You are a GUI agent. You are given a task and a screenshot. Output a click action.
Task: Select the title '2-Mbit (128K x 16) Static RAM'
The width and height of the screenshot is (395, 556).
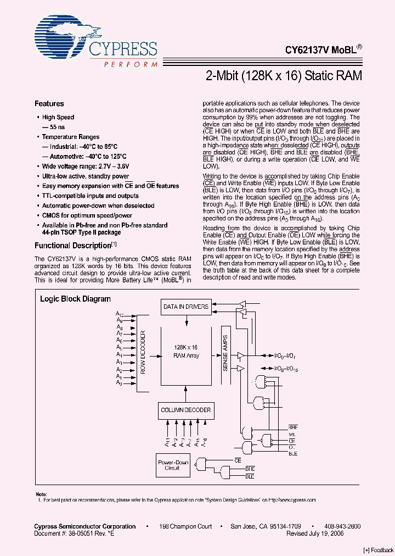(x=283, y=76)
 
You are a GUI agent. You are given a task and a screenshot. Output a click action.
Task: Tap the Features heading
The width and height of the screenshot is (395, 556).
(x=49, y=103)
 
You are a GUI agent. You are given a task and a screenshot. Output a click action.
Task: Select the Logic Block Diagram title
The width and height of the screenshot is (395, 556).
(x=75, y=299)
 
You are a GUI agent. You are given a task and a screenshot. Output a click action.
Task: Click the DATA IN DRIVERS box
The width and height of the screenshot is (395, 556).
(x=185, y=307)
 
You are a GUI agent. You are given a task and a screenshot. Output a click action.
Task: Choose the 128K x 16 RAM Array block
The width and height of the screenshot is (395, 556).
(x=186, y=352)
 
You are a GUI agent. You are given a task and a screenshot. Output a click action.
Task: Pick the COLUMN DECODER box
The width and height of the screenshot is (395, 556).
(x=185, y=410)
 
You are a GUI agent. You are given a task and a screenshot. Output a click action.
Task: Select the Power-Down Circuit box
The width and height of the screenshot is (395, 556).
(x=173, y=465)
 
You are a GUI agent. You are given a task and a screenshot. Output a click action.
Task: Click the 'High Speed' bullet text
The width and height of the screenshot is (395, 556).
(x=58, y=117)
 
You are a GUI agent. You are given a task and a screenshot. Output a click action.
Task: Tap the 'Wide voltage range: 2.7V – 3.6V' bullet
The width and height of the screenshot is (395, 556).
(x=87, y=166)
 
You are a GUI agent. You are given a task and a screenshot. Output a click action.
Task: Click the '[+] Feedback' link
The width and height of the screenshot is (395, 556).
(x=378, y=550)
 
